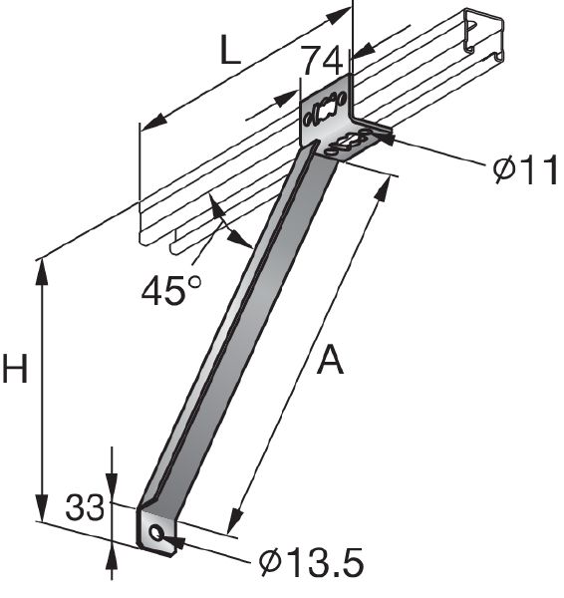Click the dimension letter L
(231, 52)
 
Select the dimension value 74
(321, 61)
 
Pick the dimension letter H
(16, 371)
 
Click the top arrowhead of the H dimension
(42, 267)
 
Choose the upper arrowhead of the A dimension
(384, 186)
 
